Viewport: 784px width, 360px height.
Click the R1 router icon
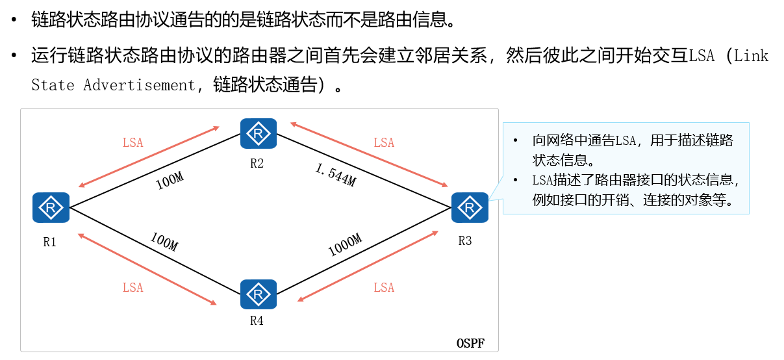coord(51,207)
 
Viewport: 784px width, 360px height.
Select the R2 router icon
coord(259,134)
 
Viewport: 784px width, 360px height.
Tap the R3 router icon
coord(469,207)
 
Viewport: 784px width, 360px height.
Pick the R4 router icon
coord(259,294)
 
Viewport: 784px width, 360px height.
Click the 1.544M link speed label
coord(335,175)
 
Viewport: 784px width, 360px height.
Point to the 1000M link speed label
coord(344,245)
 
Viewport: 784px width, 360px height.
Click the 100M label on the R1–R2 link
coord(170,181)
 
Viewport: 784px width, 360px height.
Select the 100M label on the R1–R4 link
coord(164,242)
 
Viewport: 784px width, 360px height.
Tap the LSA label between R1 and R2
coord(133,143)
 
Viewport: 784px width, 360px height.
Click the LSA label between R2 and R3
coord(384,143)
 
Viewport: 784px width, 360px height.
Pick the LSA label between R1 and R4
coord(133,288)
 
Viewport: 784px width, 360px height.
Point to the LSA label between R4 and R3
coord(384,288)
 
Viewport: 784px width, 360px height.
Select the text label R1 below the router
coord(50,242)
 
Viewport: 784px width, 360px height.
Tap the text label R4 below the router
coord(257,320)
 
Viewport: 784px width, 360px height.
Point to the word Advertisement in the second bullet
coord(138,85)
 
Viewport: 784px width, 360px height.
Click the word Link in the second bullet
coord(752,56)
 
